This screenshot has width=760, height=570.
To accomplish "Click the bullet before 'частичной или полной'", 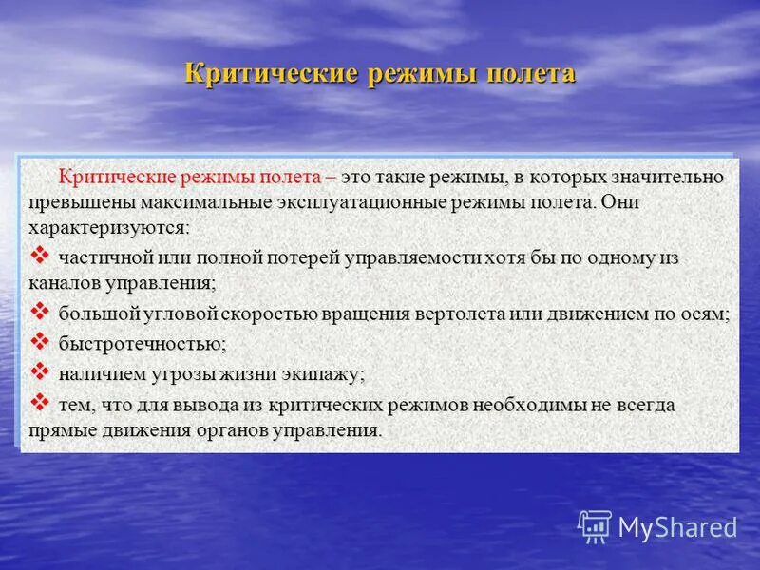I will [x=40, y=255].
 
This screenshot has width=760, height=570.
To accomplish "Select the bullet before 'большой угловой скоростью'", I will [x=40, y=311].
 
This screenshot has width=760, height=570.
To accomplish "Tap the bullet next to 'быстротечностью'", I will [x=40, y=339].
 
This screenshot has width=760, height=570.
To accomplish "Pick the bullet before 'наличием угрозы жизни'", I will [x=40, y=370].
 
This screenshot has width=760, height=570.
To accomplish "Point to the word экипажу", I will [x=327, y=373].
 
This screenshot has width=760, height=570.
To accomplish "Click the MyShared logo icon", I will [x=595, y=525].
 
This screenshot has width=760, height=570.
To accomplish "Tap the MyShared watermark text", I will [x=677, y=527].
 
